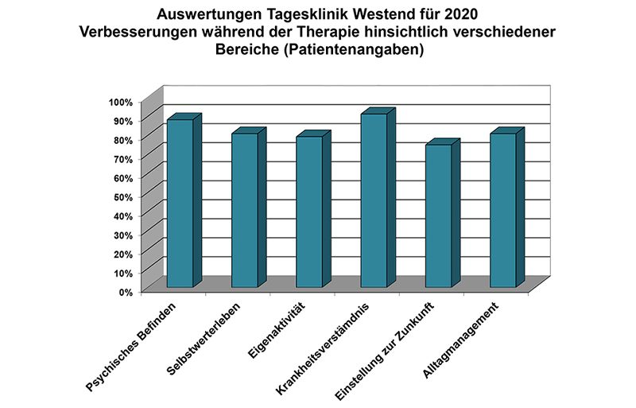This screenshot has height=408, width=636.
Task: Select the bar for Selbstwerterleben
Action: (x=244, y=210)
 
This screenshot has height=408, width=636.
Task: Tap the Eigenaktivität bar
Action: (x=309, y=212)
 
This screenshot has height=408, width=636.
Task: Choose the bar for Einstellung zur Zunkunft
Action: (x=438, y=216)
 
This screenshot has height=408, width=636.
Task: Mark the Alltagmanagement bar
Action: (x=503, y=210)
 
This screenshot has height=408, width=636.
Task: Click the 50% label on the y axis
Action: (x=123, y=196)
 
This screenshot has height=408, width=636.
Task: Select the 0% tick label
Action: (x=126, y=291)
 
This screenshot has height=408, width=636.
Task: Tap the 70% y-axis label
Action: (x=123, y=158)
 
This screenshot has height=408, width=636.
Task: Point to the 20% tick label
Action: (x=123, y=253)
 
